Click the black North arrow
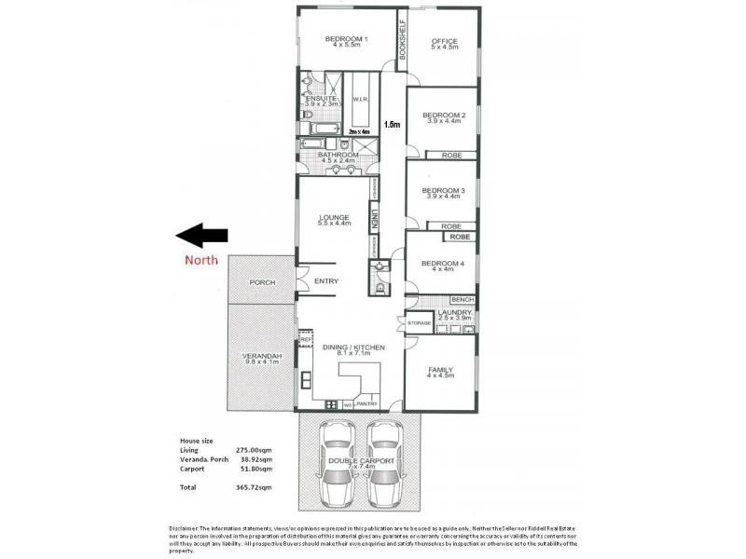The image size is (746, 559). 200,236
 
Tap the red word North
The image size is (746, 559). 200,260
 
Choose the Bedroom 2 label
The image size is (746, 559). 444,116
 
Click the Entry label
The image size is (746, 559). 326,281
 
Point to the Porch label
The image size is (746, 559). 262,282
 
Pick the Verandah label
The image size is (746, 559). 262,356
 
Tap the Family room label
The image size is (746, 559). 440,370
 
